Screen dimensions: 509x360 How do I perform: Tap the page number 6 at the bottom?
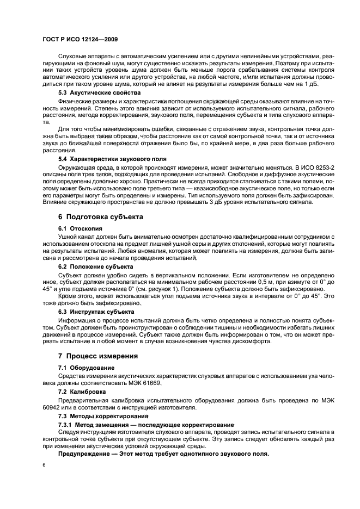[x=44, y=465]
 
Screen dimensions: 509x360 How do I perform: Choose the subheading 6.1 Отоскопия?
[x=80, y=229]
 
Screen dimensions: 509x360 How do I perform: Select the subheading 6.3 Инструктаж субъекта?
[x=96, y=312]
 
